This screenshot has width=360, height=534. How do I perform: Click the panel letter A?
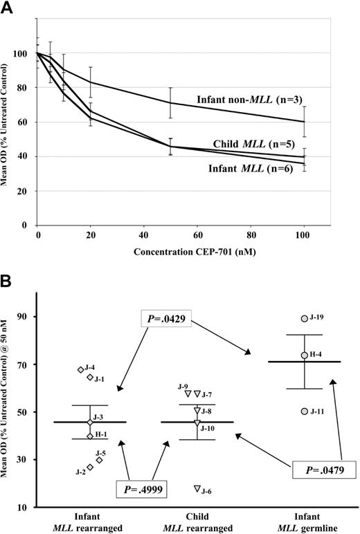pyautogui.click(x=10, y=8)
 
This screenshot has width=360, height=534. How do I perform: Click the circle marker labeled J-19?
pyautogui.click(x=304, y=319)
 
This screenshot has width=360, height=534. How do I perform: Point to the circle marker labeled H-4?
pyautogui.click(x=304, y=355)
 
